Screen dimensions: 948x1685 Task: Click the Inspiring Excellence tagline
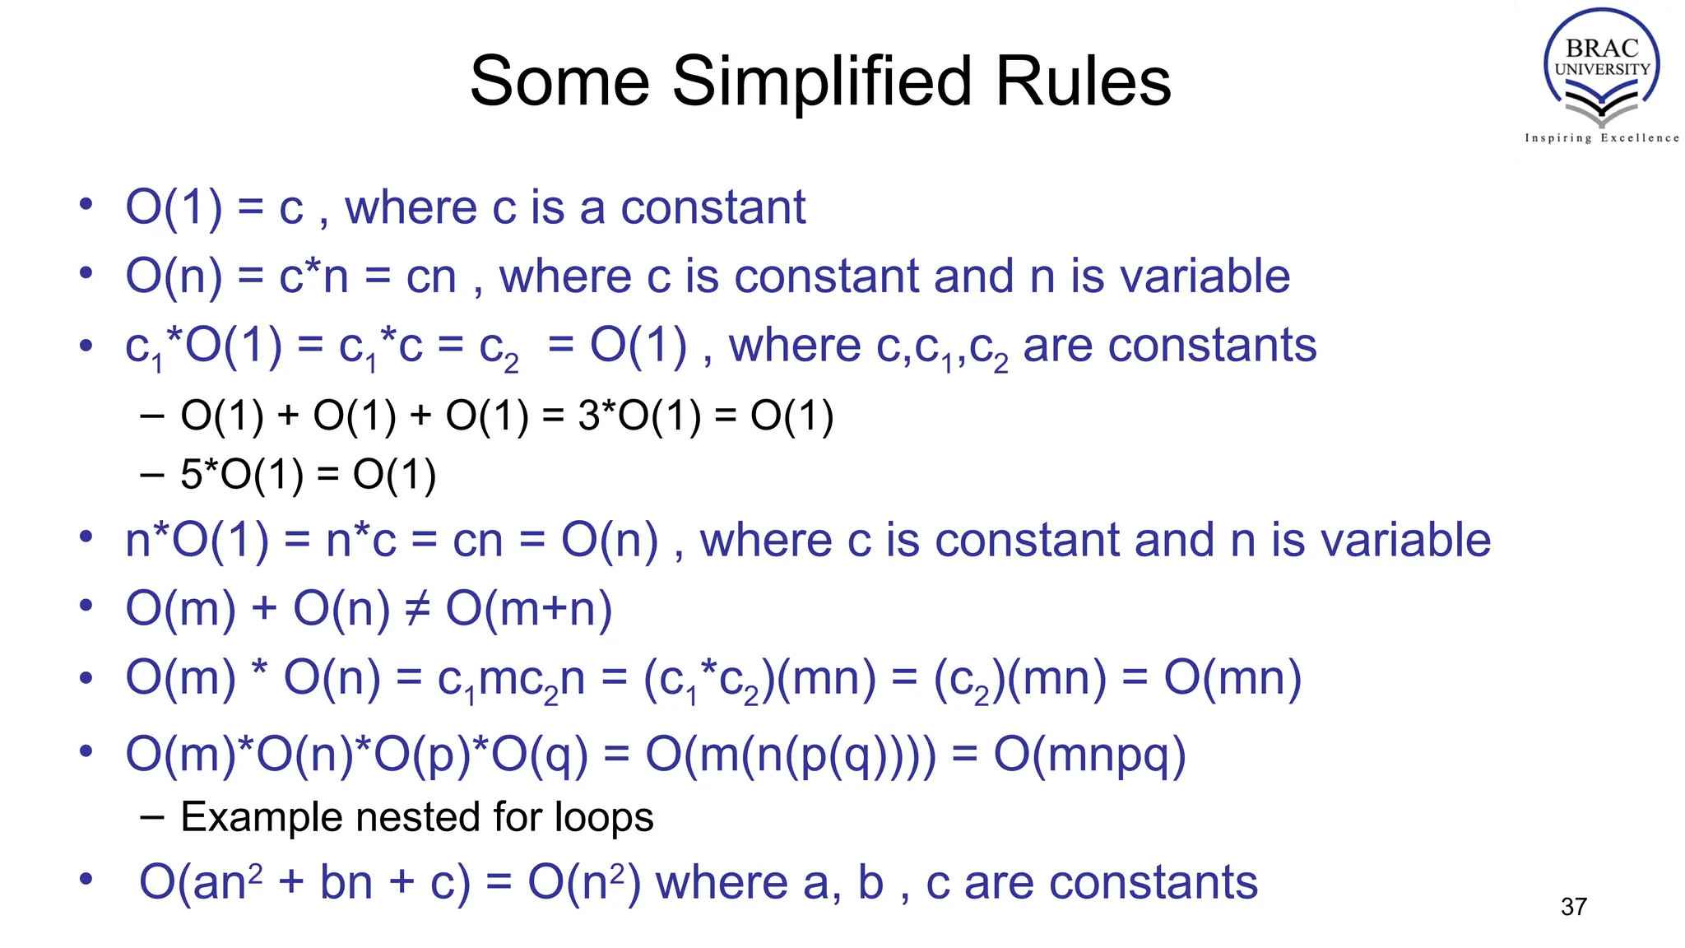1601,138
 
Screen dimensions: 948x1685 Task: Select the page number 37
1573,907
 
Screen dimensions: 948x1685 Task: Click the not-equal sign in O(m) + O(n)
418,609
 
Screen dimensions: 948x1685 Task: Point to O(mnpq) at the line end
1089,754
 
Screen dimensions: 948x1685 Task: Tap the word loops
604,817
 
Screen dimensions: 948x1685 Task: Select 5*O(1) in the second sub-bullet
242,475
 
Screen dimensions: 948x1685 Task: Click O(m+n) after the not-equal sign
529,609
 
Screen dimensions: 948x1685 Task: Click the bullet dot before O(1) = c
86,204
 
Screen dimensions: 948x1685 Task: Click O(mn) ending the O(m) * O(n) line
1232,679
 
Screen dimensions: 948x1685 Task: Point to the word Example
262,817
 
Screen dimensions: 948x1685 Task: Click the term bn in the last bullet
346,882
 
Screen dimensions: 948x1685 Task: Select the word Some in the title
559,81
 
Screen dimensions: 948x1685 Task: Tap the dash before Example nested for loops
151,817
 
